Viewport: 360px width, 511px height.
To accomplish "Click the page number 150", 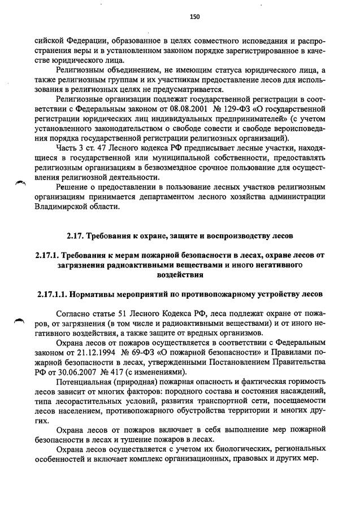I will click(195, 17).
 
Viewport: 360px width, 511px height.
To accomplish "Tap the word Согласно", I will click(76, 313).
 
